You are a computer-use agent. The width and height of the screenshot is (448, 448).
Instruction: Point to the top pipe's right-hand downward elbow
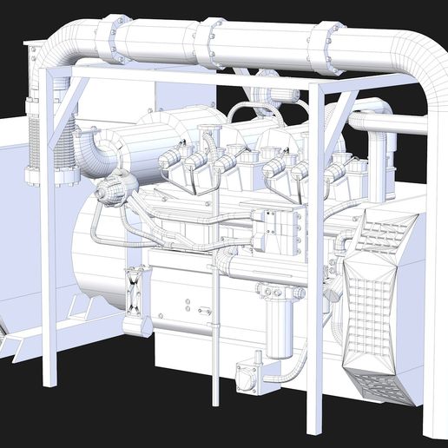tap(425, 69)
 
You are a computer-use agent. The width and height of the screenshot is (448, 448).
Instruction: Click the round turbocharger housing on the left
tap(115, 188)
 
